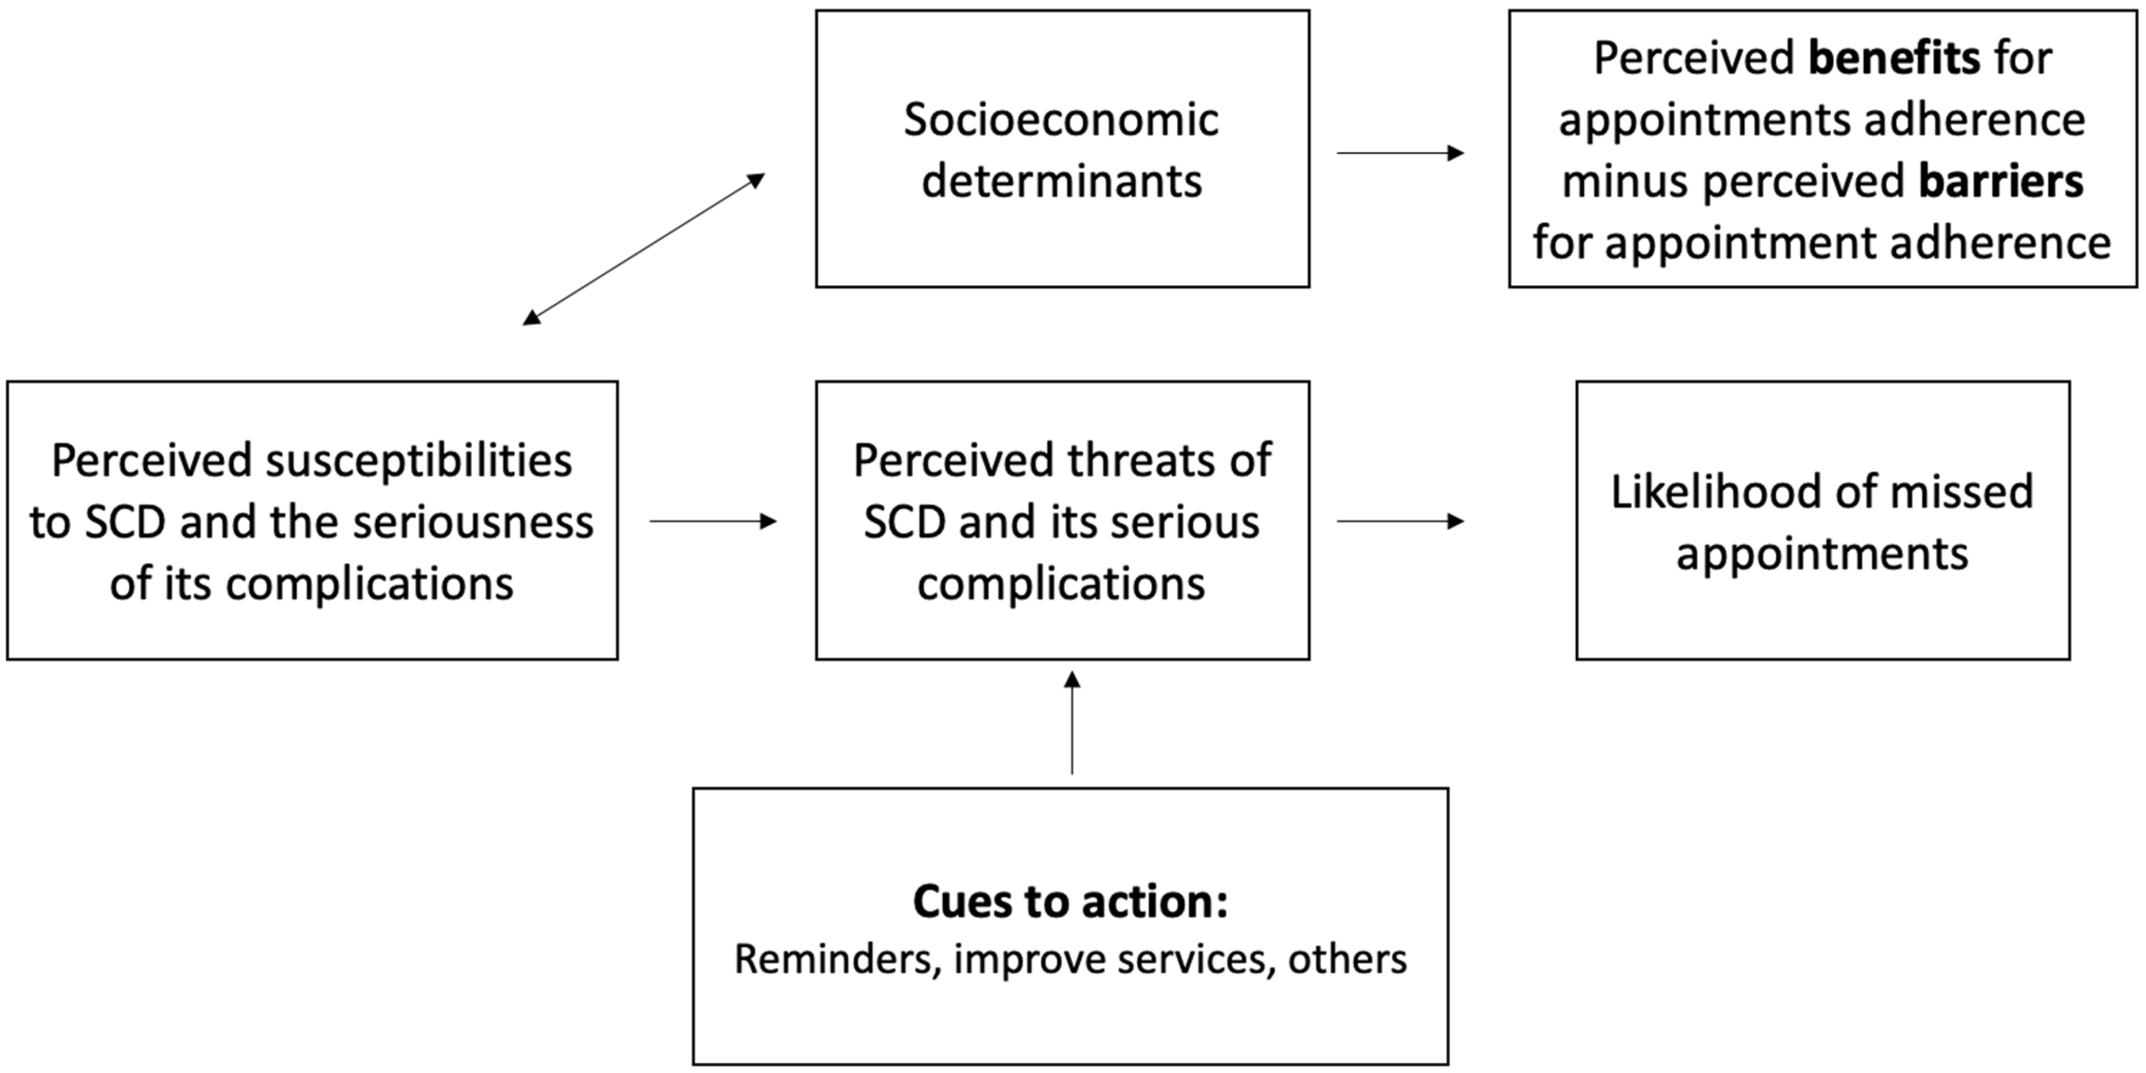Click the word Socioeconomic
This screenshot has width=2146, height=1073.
pyautogui.click(x=1061, y=120)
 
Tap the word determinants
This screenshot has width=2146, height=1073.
pyautogui.click(x=1061, y=182)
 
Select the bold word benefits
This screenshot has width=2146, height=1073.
pyautogui.click(x=1894, y=58)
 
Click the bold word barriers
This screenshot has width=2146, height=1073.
pyautogui.click(x=2001, y=182)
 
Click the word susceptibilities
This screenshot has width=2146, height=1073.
pyautogui.click(x=418, y=461)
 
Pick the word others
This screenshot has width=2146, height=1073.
pyautogui.click(x=1347, y=959)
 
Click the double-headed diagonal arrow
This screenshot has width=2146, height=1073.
pyautogui.click(x=643, y=249)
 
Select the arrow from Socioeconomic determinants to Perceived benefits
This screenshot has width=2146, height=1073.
pyautogui.click(x=1400, y=153)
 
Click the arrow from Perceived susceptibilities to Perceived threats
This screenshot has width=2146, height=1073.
pyautogui.click(x=712, y=522)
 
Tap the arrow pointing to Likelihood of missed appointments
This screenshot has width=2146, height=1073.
pyautogui.click(x=1400, y=522)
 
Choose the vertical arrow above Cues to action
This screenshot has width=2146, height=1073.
pyautogui.click(x=1072, y=723)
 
